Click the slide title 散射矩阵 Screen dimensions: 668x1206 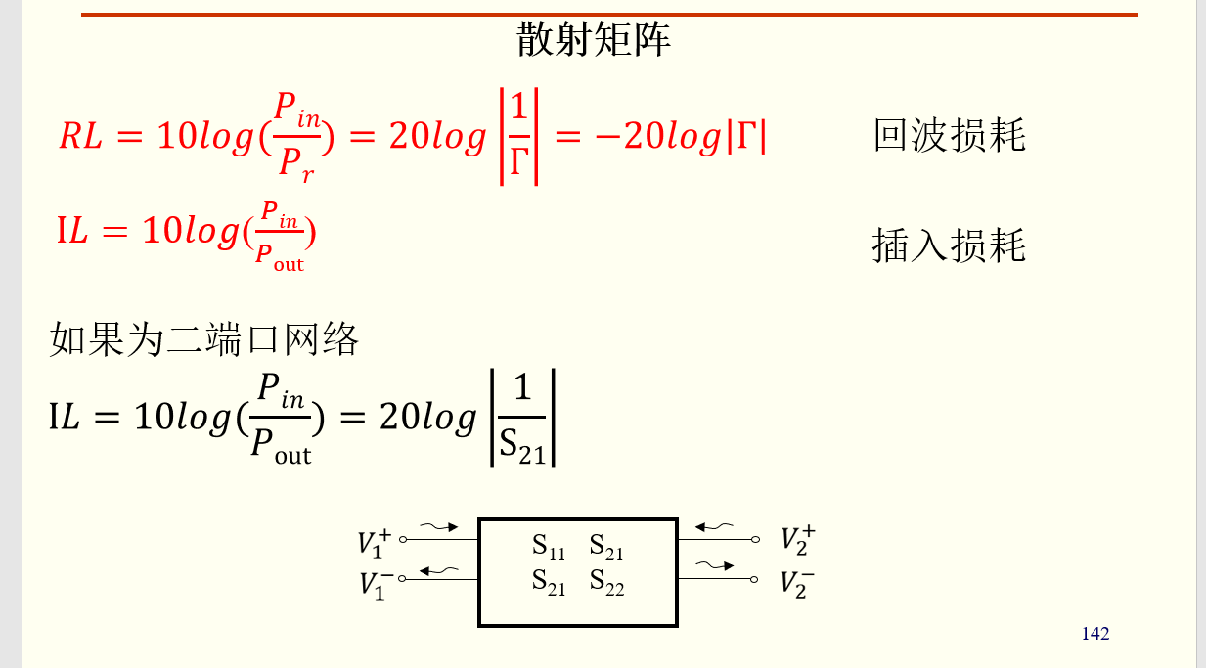pos(594,41)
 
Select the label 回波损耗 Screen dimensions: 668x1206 pos(949,135)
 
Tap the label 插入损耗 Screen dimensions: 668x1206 pos(949,245)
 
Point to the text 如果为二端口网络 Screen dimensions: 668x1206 pos(204,339)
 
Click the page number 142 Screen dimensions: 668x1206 pos(1095,634)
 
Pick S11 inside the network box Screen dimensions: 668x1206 pos(549,547)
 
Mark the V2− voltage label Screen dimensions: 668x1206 pos(797,583)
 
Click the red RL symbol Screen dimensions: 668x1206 pos(80,137)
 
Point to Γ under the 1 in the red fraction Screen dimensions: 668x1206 pos(518,163)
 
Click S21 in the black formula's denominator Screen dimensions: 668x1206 pos(522,446)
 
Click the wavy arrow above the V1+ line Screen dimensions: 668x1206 pos(439,527)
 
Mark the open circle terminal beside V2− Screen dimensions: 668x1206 pos(754,579)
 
